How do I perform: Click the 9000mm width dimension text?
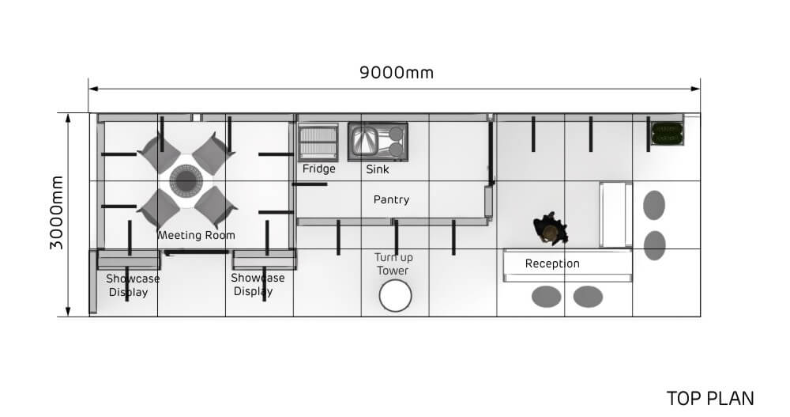click(x=397, y=73)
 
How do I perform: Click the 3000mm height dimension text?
click(x=57, y=213)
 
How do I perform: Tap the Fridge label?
click(x=319, y=169)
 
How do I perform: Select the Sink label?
click(x=378, y=169)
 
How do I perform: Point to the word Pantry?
click(x=392, y=200)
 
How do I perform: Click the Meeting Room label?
click(x=196, y=235)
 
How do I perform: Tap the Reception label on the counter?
click(x=552, y=263)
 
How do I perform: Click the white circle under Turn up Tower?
click(x=396, y=296)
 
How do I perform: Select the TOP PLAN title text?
click(x=710, y=399)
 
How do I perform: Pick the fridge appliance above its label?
click(x=318, y=142)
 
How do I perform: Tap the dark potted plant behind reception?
click(x=550, y=229)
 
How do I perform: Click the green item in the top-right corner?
click(x=667, y=133)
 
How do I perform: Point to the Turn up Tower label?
click(x=393, y=264)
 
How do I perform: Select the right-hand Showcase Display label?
click(x=258, y=285)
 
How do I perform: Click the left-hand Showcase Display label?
click(x=133, y=285)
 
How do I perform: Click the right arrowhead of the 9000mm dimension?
click(x=696, y=89)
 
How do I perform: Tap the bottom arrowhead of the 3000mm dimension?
click(x=68, y=312)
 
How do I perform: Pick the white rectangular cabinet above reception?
click(x=615, y=215)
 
